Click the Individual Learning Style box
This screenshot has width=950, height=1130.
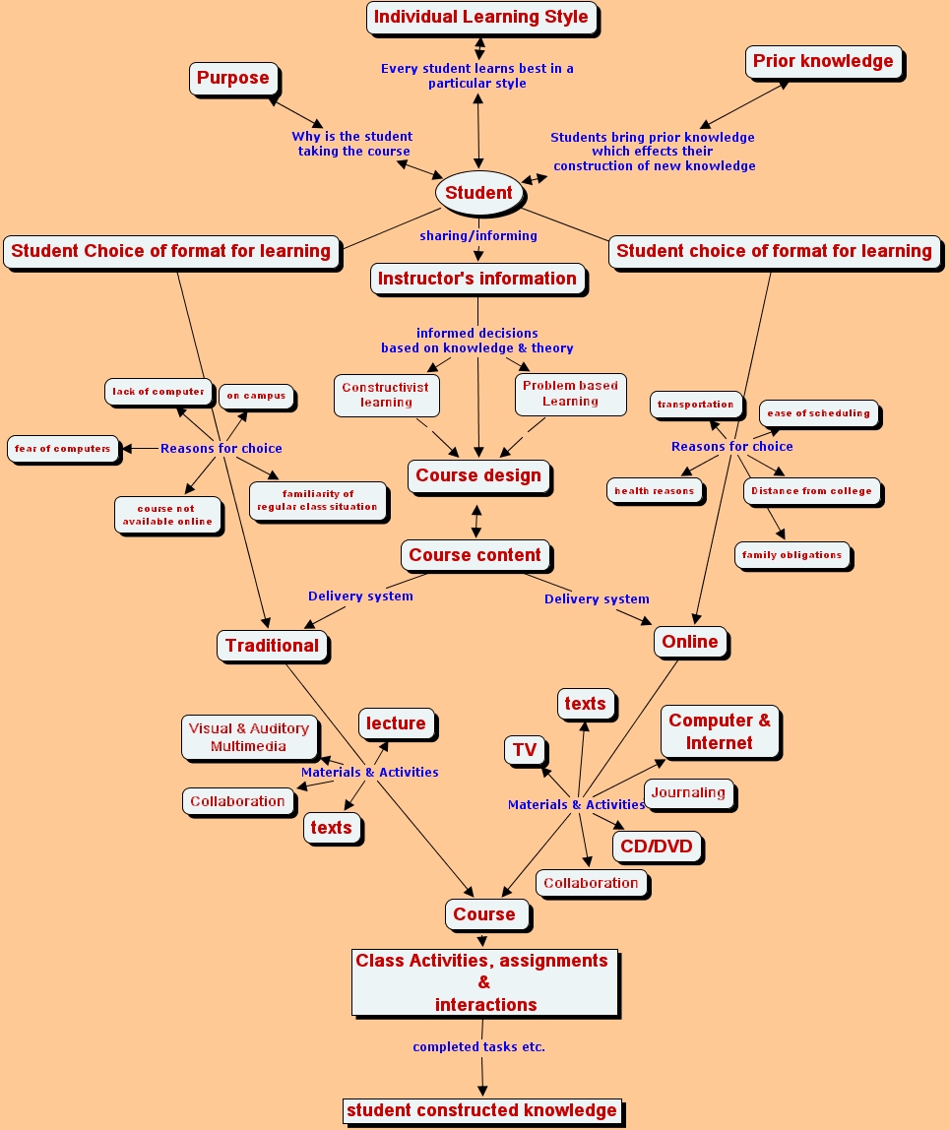tap(481, 18)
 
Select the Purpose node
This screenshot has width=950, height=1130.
tap(232, 79)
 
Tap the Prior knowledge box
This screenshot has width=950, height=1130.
tap(823, 62)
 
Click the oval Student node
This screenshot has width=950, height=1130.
tap(478, 193)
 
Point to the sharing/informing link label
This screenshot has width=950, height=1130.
tap(478, 235)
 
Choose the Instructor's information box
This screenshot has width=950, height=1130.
tap(477, 279)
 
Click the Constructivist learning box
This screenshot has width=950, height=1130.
tap(385, 395)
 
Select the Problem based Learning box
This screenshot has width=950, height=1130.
tap(570, 394)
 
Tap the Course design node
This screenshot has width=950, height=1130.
tap(478, 475)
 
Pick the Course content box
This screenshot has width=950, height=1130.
tap(475, 555)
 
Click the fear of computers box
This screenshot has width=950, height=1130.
tap(62, 449)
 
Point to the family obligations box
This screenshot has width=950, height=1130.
tap(792, 555)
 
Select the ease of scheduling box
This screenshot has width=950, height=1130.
tap(818, 413)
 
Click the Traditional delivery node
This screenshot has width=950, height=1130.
tap(272, 646)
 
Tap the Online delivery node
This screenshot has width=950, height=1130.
tap(690, 642)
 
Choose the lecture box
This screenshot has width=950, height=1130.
tap(396, 723)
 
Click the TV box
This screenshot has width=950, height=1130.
tap(525, 751)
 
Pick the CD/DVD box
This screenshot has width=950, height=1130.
tap(657, 847)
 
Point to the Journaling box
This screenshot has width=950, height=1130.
tap(688, 792)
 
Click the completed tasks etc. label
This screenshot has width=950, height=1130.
tap(478, 1047)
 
